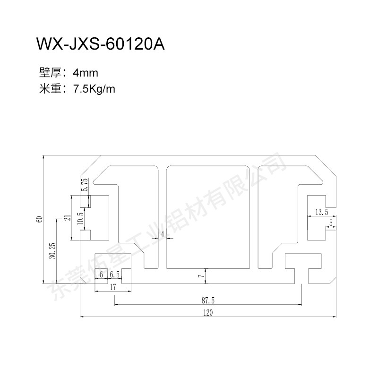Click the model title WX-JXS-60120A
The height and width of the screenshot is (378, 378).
(100, 44)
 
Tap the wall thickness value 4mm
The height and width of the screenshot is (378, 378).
(86, 73)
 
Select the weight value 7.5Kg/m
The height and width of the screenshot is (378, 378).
(94, 89)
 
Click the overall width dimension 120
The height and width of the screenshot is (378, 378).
(208, 313)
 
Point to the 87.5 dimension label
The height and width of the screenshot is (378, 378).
(208, 301)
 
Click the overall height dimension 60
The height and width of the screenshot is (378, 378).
(40, 219)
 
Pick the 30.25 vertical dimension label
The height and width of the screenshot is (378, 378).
(52, 251)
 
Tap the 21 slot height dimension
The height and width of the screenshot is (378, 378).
(68, 218)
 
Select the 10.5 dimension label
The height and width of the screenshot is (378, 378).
(80, 218)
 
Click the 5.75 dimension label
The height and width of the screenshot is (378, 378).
(86, 184)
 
